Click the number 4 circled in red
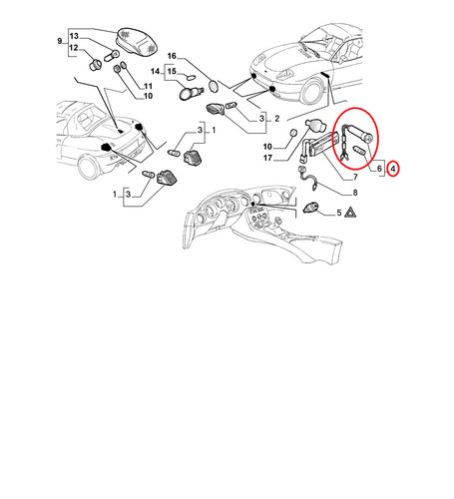point(393,169)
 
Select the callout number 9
point(60,41)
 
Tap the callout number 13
point(74,36)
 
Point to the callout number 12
point(74,48)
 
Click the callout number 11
point(148,86)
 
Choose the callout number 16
point(172,56)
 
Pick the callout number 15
point(172,71)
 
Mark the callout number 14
point(156,72)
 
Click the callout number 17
point(267,158)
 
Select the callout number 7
point(355,177)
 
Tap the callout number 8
point(355,193)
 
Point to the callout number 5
point(339,213)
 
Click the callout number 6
point(379,169)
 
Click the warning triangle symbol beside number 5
point(350,213)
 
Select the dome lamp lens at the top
point(137,41)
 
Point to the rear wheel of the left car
point(89,168)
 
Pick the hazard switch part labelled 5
point(311,208)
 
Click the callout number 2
point(277,119)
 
